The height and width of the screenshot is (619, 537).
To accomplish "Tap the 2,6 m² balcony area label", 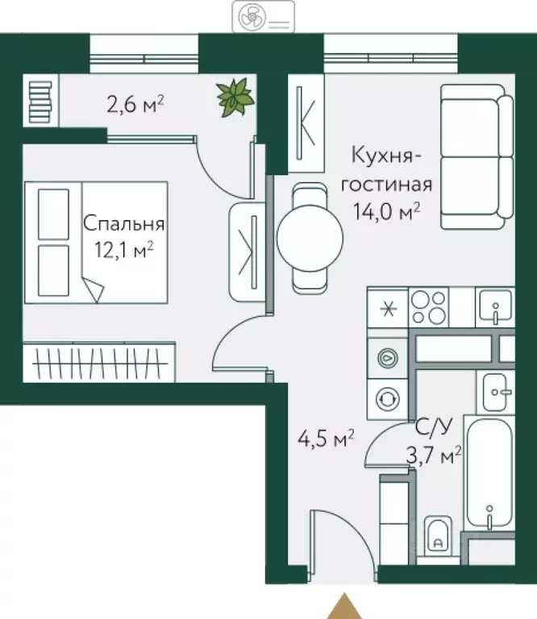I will coord(135,103).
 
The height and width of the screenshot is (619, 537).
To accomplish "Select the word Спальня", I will coord(124,223).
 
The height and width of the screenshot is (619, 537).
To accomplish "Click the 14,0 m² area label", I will coord(386,212).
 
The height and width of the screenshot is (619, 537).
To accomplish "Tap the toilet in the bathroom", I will coord(439,536).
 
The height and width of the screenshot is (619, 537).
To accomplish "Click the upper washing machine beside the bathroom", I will coord(387,355).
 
